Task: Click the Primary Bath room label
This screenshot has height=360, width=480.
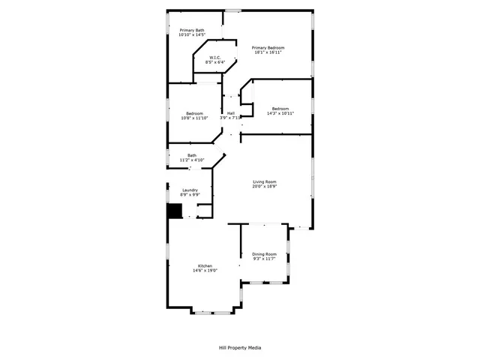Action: pos(191,30)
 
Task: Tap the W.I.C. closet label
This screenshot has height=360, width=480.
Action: pos(214,57)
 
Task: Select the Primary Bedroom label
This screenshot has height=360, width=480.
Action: pos(268,47)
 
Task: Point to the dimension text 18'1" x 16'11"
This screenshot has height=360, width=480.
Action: pos(268,52)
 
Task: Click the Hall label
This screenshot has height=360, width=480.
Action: pos(230,112)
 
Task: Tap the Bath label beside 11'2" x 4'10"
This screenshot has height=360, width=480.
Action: pos(191,155)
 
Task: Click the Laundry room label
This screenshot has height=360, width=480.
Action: pos(190,190)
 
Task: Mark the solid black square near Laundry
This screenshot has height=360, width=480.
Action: pos(174,211)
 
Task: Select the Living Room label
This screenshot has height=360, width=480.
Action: pos(265,182)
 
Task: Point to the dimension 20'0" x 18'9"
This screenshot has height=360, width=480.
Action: pos(265,187)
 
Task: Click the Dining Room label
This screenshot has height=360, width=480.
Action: pos(264,254)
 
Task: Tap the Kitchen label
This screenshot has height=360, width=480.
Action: pos(205,266)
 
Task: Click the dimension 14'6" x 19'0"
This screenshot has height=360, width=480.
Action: pos(205,271)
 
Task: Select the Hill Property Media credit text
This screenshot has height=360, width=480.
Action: pos(239,347)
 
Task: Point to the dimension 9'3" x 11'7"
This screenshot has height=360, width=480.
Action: pos(264,259)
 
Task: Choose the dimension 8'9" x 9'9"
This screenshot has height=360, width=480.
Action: pos(190,195)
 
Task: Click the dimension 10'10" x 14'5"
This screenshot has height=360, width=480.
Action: pos(191,35)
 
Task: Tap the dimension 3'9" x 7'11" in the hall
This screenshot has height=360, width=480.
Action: pos(230,118)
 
